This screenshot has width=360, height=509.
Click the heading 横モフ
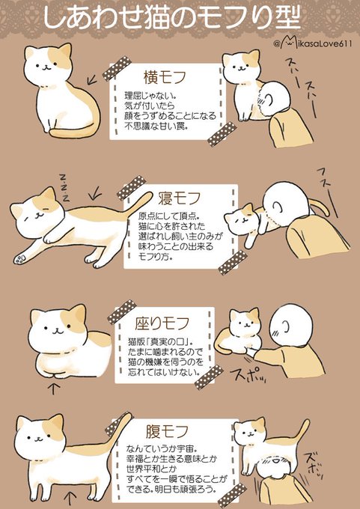click(164, 77)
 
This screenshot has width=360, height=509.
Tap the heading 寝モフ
click(179, 198)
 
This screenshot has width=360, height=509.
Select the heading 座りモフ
click(162, 323)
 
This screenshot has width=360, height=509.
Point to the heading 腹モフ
click(167, 431)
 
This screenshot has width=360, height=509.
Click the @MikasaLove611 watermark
click(313, 43)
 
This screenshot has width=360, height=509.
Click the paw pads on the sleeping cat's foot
click(19, 259)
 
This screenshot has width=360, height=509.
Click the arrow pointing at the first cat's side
click(93, 78)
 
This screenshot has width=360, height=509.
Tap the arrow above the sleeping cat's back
click(94, 195)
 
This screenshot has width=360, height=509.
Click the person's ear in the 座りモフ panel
click(286, 326)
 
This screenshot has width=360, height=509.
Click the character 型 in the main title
click(285, 18)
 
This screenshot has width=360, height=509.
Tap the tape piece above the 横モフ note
click(117, 68)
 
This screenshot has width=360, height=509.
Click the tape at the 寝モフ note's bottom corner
click(233, 262)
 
